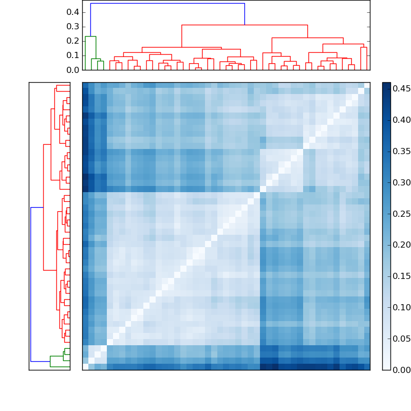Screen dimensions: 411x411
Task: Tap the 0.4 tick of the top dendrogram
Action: click(x=72, y=12)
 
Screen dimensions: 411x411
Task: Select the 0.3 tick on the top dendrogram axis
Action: click(x=72, y=26)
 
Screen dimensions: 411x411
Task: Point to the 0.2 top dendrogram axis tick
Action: click(x=72, y=41)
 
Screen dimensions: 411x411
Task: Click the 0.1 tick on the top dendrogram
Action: click(x=72, y=55)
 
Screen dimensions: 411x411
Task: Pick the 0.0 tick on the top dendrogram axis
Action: click(x=72, y=69)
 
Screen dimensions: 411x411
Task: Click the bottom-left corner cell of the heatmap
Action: click(x=85, y=367)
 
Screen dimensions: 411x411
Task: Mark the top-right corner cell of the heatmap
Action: click(x=367, y=85)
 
